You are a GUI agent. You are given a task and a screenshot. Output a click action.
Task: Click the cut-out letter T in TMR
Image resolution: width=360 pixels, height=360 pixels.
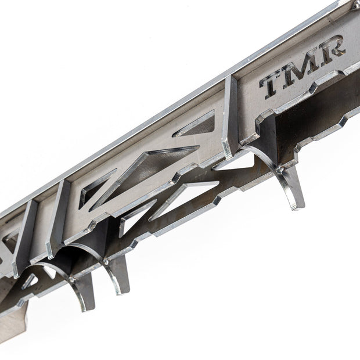272,85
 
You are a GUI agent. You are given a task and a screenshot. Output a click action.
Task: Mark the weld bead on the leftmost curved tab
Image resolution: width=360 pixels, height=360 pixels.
71,279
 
